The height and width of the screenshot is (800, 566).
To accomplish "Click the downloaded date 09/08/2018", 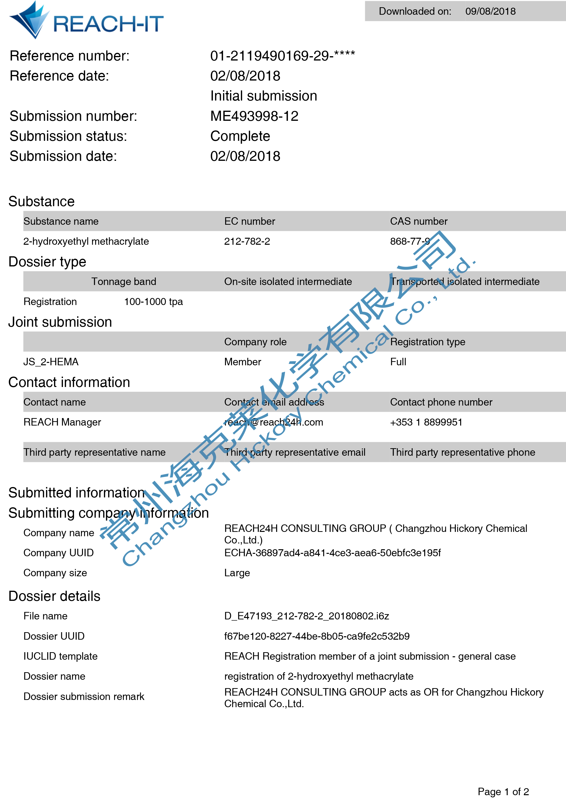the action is (490, 12).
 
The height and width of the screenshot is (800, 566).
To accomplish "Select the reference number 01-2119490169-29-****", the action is (283, 56).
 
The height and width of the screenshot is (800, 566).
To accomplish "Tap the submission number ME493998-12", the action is (254, 116).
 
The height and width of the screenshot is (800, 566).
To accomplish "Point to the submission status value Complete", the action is (240, 136).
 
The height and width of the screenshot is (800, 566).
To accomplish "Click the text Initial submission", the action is (264, 96).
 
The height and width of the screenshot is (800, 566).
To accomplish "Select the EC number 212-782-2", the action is (247, 241).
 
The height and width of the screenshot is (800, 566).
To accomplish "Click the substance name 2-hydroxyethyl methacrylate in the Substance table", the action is (86, 241).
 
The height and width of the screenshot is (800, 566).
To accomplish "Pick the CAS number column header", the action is (419, 221).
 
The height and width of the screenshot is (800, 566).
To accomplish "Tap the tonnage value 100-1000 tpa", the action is (153, 302).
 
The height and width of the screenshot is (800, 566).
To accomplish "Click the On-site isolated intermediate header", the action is (288, 282).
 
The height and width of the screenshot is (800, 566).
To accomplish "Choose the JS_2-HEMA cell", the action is (51, 362).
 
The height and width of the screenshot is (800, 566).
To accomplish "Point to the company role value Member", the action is (243, 362).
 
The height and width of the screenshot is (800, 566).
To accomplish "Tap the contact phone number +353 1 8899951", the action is (426, 422).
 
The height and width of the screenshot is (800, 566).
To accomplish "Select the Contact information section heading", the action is (69, 382).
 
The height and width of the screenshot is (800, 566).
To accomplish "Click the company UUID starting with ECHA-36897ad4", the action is (333, 553).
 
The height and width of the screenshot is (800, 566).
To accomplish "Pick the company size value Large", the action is (237, 573).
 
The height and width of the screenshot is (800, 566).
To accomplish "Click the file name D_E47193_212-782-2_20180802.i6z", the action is (307, 616).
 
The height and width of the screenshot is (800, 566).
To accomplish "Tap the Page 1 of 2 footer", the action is (503, 792).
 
